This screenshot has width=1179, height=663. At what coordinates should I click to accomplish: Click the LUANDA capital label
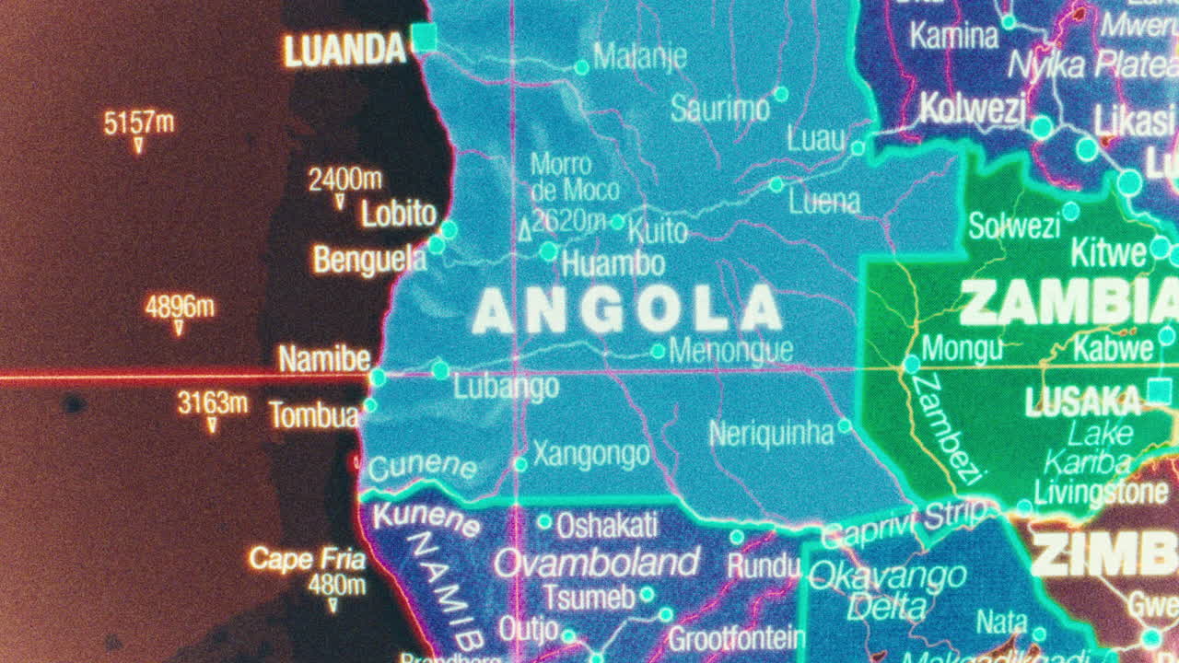[344, 50]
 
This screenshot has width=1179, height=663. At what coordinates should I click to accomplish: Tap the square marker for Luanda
[424, 38]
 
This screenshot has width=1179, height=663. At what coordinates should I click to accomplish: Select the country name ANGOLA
[626, 309]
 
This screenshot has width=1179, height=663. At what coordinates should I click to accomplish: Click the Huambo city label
[613, 264]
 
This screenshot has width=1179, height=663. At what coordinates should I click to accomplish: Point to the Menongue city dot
[658, 351]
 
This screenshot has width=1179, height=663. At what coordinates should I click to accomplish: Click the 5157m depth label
[139, 122]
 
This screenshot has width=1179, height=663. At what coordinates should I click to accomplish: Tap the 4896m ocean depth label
[180, 307]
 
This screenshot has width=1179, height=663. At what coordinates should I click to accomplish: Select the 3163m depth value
[213, 402]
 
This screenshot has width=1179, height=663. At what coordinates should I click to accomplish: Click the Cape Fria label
[307, 559]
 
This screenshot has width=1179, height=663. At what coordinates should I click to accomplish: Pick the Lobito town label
[398, 214]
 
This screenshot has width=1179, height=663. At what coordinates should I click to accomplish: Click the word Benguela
[369, 261]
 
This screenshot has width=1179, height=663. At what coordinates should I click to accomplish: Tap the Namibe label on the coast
[324, 359]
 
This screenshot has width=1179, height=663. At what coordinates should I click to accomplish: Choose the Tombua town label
[313, 415]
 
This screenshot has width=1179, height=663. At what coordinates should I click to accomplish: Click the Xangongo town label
[591, 454]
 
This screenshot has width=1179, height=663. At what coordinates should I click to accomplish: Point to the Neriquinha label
[770, 432]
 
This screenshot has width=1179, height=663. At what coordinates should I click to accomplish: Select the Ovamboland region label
[596, 562]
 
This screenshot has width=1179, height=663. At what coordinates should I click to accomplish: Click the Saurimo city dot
[781, 94]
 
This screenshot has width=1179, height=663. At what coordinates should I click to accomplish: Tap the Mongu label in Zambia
[962, 349]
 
